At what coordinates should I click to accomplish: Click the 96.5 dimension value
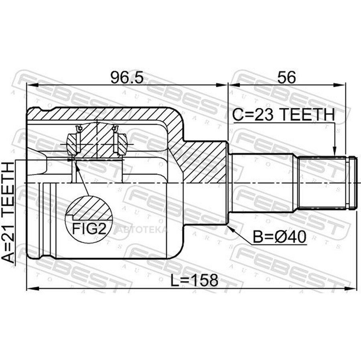[x=127, y=77]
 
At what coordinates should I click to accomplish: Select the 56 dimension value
[x=286, y=77]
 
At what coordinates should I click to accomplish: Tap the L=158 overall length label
[x=194, y=280]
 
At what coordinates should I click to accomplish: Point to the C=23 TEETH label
[x=284, y=114]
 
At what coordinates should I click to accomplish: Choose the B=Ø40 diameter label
[x=280, y=237]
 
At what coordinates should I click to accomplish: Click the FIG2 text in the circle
[x=89, y=228]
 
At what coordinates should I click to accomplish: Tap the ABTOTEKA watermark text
[x=143, y=229]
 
